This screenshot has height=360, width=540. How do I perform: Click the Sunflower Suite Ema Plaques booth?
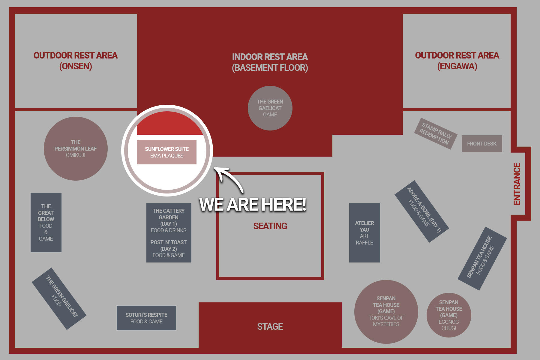167,152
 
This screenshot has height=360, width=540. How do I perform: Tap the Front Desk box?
482,144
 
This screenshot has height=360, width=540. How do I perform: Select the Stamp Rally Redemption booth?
436,133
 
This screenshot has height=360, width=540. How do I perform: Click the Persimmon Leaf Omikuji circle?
76,148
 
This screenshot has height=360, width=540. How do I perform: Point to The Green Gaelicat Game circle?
270,108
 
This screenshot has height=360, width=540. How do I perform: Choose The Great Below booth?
46,222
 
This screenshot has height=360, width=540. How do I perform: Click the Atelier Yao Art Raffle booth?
364,232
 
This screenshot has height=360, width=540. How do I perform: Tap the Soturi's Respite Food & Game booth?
146,318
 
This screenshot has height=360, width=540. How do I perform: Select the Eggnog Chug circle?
449,315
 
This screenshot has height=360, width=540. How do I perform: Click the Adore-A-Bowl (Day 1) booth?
421,211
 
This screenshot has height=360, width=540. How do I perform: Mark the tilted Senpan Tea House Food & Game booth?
482,258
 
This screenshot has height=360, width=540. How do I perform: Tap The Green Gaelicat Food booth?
59,298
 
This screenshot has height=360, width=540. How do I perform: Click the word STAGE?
270,326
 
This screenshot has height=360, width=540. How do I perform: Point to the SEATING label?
270,226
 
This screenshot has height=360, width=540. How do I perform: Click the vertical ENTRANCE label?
517,184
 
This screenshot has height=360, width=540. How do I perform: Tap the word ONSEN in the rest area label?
76,66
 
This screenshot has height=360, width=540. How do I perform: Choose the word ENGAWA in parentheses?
457,66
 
